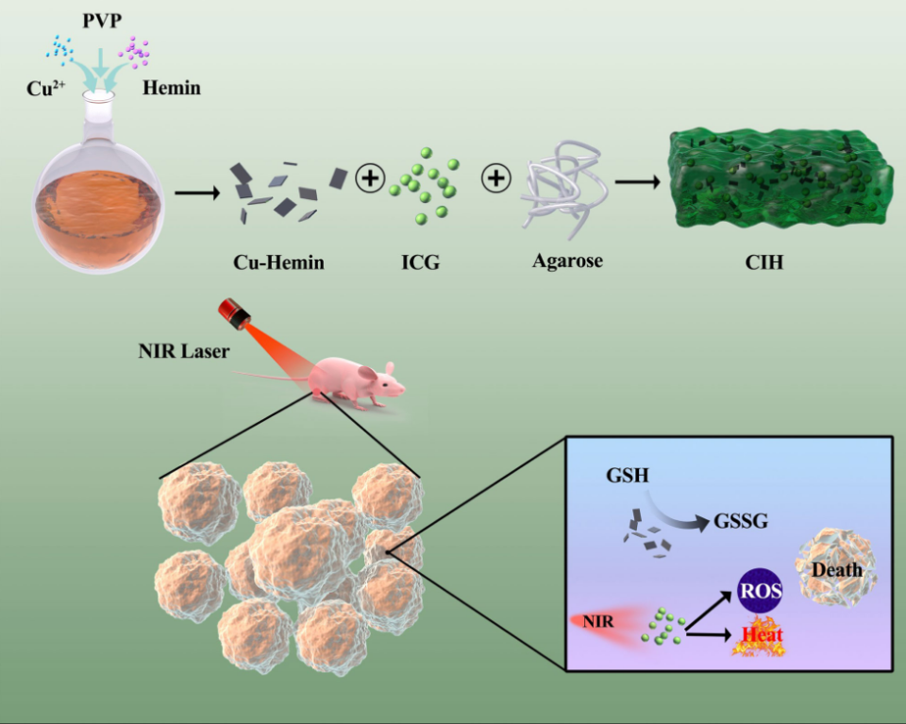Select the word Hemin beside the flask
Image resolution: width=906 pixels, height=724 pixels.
pyautogui.click(x=171, y=89)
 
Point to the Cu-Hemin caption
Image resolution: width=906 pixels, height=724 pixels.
pyautogui.click(x=278, y=262)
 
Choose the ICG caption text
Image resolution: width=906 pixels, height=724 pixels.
pyautogui.click(x=421, y=262)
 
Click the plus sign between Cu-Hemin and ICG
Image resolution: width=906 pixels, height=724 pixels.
pyautogui.click(x=369, y=177)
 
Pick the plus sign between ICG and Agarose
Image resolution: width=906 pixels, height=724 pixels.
pyautogui.click(x=495, y=177)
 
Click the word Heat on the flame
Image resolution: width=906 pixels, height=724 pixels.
pyautogui.click(x=762, y=634)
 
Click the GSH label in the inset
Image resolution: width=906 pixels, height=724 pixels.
pyautogui.click(x=628, y=474)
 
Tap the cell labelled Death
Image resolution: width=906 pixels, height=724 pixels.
pyautogui.click(x=836, y=568)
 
